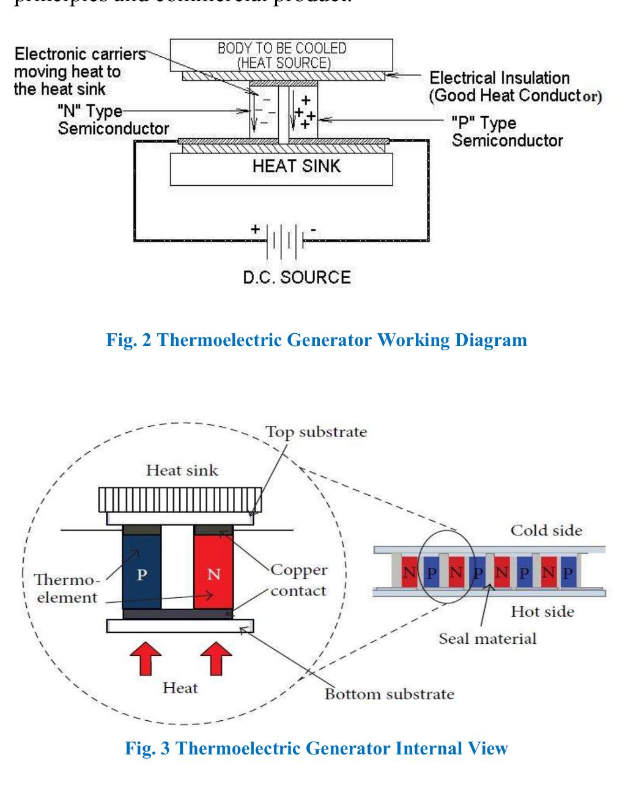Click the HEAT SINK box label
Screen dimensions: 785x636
(x=297, y=166)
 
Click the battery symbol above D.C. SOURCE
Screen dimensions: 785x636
(x=284, y=239)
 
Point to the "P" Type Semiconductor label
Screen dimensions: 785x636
(x=507, y=132)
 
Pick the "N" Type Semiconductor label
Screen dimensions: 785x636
(x=113, y=120)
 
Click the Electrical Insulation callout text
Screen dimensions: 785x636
(x=516, y=87)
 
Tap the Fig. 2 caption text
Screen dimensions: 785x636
(x=317, y=340)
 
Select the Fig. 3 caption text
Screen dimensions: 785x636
(x=316, y=748)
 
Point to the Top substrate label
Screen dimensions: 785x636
(x=316, y=432)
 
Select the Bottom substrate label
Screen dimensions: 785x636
(x=389, y=695)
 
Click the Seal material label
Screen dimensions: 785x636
(x=487, y=639)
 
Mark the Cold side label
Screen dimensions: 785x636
(x=547, y=530)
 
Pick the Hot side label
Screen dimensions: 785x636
(x=542, y=611)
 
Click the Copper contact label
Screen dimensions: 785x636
(x=298, y=580)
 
